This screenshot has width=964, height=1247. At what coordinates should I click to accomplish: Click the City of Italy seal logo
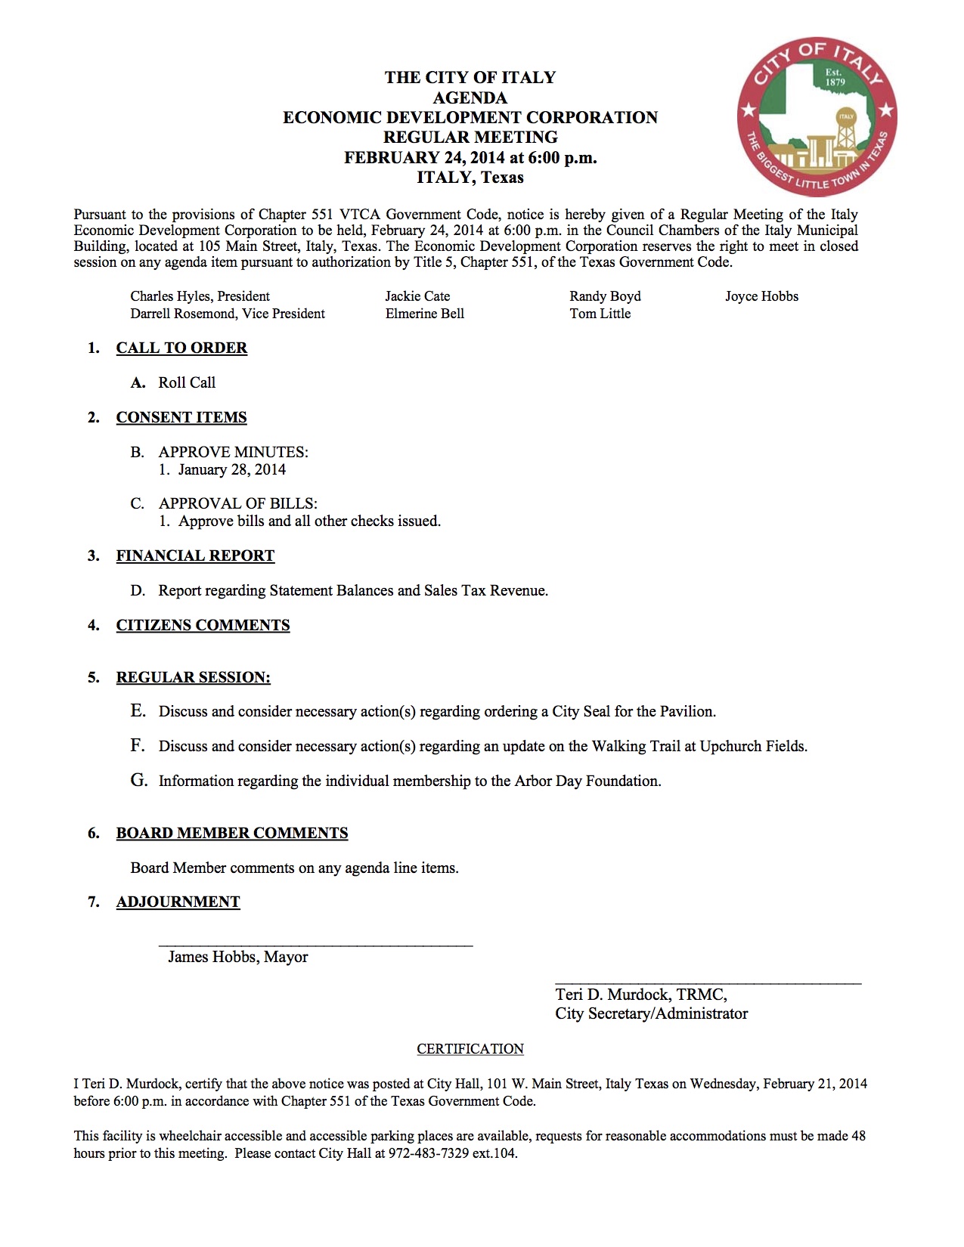tap(817, 116)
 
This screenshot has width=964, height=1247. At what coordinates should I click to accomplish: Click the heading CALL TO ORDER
tap(181, 348)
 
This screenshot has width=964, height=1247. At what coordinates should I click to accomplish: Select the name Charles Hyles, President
tap(200, 296)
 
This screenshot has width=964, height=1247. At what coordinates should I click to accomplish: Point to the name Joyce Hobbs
tap(761, 296)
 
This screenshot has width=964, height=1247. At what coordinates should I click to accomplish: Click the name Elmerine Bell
tap(424, 314)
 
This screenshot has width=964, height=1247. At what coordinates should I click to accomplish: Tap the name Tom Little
tap(600, 314)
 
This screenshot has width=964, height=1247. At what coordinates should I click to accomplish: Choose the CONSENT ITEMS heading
tap(181, 417)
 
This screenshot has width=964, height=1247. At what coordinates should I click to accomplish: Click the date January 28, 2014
tap(232, 469)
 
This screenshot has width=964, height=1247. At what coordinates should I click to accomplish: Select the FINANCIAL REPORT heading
tap(195, 555)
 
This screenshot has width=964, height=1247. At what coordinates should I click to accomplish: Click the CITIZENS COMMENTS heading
tap(203, 625)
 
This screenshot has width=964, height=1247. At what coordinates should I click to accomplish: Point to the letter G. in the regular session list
tap(138, 780)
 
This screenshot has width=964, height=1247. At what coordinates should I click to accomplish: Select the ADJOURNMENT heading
tap(178, 902)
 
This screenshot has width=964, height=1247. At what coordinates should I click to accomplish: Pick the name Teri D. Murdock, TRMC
tap(641, 995)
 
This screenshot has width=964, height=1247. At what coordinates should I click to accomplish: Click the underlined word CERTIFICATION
tap(470, 1049)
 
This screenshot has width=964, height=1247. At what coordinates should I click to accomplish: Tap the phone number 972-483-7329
tap(429, 1153)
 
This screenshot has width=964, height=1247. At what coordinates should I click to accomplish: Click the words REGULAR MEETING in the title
tap(470, 138)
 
